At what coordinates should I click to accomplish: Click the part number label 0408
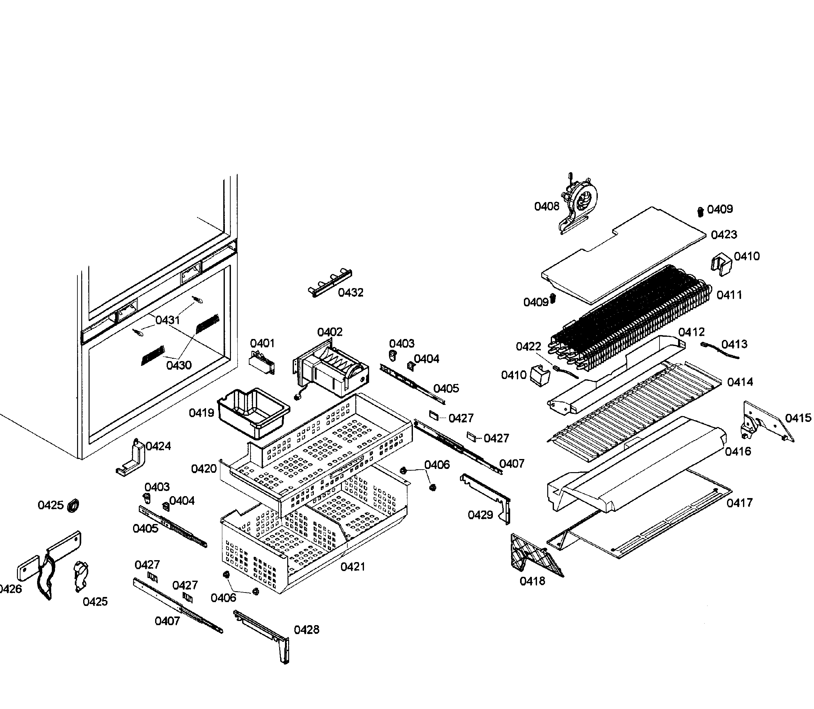pos(546,206)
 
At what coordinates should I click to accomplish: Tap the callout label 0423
pos(723,235)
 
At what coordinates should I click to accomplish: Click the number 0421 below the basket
pos(353,567)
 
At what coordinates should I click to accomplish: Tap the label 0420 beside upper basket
pos(204,469)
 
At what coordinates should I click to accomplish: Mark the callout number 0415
pos(798,418)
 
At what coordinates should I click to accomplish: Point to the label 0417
pos(739,503)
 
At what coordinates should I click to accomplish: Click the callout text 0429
pos(480,515)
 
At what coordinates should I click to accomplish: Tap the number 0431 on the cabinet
pos(168,320)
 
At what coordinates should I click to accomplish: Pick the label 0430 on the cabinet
pos(179,365)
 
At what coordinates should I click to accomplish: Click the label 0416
pos(738,451)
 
